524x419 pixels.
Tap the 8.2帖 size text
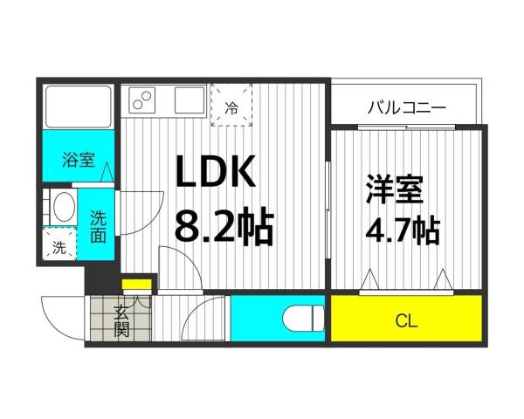224,228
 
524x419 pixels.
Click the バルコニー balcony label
406,108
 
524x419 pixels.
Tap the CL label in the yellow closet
406,321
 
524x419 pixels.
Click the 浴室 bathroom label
78,161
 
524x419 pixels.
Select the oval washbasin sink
61,209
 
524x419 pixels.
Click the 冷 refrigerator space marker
231,108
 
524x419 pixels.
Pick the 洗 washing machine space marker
59,247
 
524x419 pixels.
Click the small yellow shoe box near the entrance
135,284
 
